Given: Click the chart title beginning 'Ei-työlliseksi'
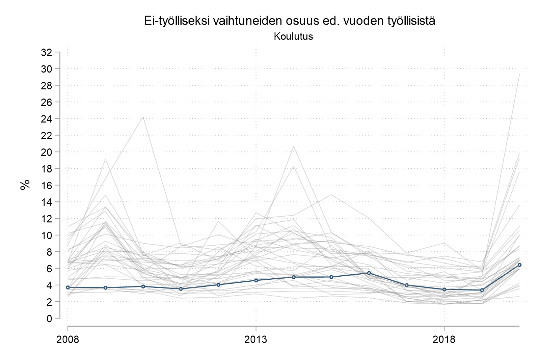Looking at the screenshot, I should point(290,21).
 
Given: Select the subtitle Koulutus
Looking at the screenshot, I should point(293,36).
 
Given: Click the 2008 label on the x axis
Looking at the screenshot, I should point(68,339).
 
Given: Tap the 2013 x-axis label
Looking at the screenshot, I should point(256,339).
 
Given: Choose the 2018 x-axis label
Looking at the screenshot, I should point(444,339).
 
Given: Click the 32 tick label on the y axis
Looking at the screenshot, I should point(47,52).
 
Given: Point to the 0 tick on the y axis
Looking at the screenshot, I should point(49,318).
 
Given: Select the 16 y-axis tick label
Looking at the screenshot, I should point(47,185).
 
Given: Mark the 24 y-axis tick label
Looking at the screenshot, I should point(47,119).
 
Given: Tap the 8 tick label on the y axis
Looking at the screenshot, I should point(49,252).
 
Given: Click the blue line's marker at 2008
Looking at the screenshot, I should point(68,287).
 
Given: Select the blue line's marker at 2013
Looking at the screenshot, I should point(256,280).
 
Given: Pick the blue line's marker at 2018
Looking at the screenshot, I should point(444,289).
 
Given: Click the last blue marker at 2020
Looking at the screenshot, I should point(519,265).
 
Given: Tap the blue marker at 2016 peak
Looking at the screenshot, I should point(369,273).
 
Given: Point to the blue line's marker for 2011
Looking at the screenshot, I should point(181,289).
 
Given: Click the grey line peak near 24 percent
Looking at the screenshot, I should point(143,117).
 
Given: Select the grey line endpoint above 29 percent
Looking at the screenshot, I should point(519,74).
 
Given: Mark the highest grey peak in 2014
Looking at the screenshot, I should point(294,146).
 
